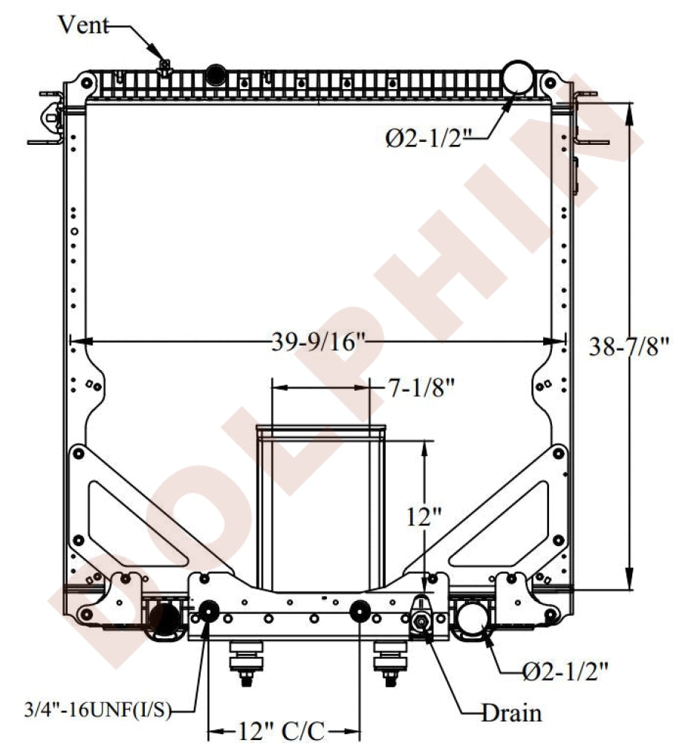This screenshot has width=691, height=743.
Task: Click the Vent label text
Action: (x=83, y=27)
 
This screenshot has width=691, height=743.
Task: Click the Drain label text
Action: (x=511, y=713)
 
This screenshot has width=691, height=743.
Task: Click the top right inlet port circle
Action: (x=519, y=77)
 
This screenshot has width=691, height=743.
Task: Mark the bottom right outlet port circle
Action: (x=471, y=617)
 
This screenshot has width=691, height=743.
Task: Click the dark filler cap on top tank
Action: (x=216, y=74)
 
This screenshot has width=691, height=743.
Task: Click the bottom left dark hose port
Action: (x=164, y=617)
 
